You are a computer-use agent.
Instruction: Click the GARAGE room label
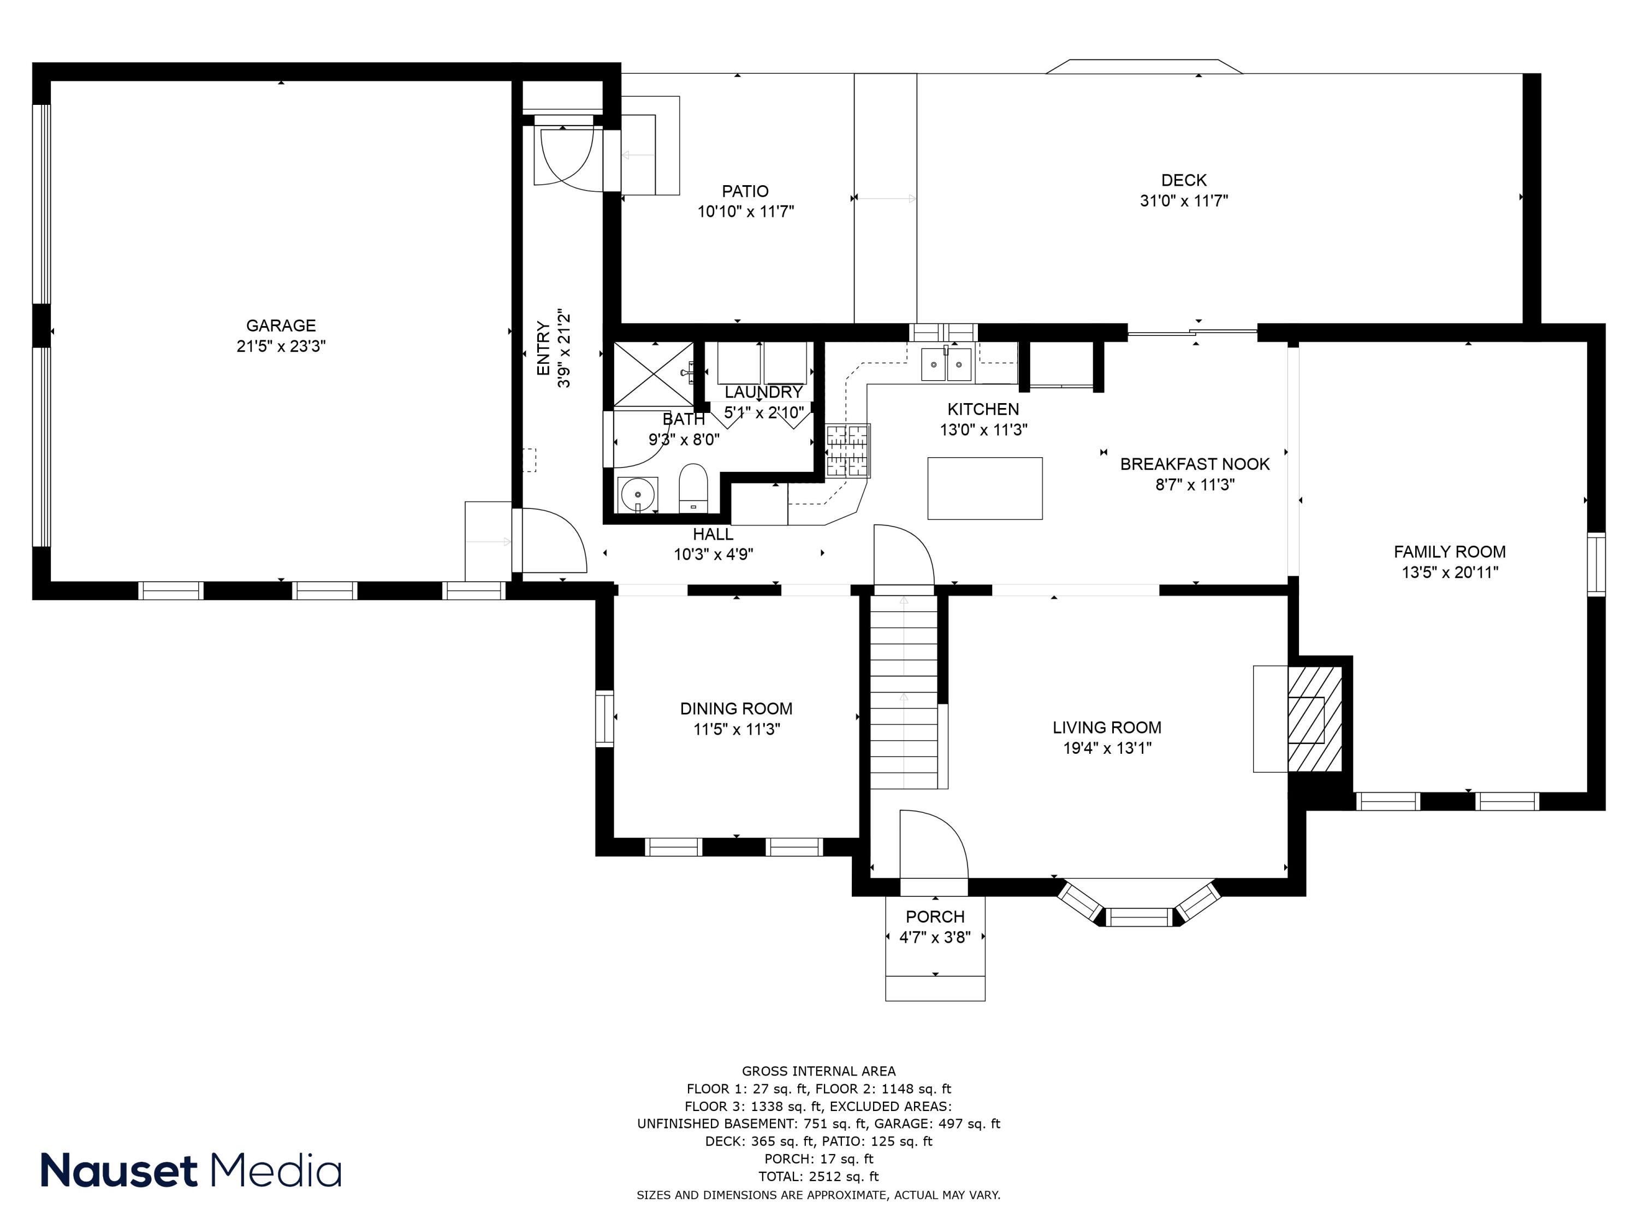coord(281,325)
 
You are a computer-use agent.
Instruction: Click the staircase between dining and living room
coord(904,693)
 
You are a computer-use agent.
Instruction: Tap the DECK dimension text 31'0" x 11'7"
coord(1183,201)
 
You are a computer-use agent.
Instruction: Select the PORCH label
coord(935,917)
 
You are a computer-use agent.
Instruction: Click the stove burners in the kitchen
coord(848,450)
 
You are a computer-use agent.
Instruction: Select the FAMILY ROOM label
coord(1449,551)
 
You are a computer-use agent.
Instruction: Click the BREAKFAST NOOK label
coord(1195,464)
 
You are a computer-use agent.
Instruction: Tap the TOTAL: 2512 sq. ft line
coord(818,1177)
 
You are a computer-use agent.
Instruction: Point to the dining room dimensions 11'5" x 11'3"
coord(736,729)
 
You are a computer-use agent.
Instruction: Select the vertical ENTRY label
coord(543,348)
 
